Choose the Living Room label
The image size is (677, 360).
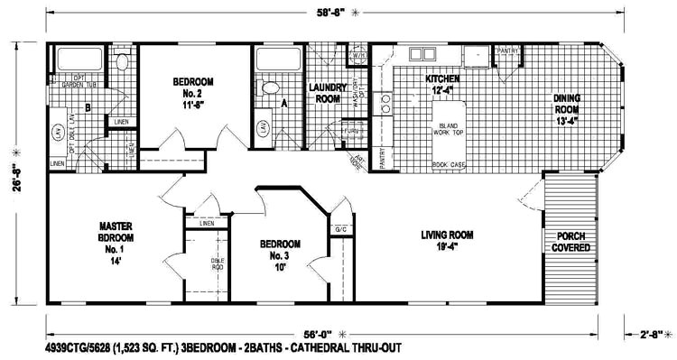[x=447, y=238]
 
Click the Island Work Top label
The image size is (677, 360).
[x=449, y=132]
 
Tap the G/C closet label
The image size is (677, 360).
[x=340, y=229]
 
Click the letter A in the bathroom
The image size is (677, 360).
[x=285, y=104]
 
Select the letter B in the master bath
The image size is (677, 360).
[x=87, y=108]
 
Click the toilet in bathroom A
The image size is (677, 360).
[x=269, y=88]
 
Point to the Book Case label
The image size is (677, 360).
[x=449, y=165]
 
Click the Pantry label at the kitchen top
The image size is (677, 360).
[x=507, y=51]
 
